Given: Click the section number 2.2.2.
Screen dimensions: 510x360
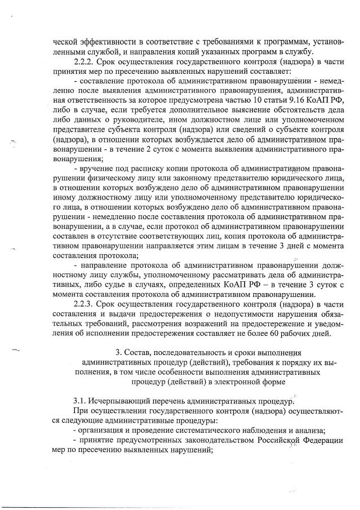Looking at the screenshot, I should [86, 61].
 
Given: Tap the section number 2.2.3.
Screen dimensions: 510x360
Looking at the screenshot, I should [86, 304].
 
